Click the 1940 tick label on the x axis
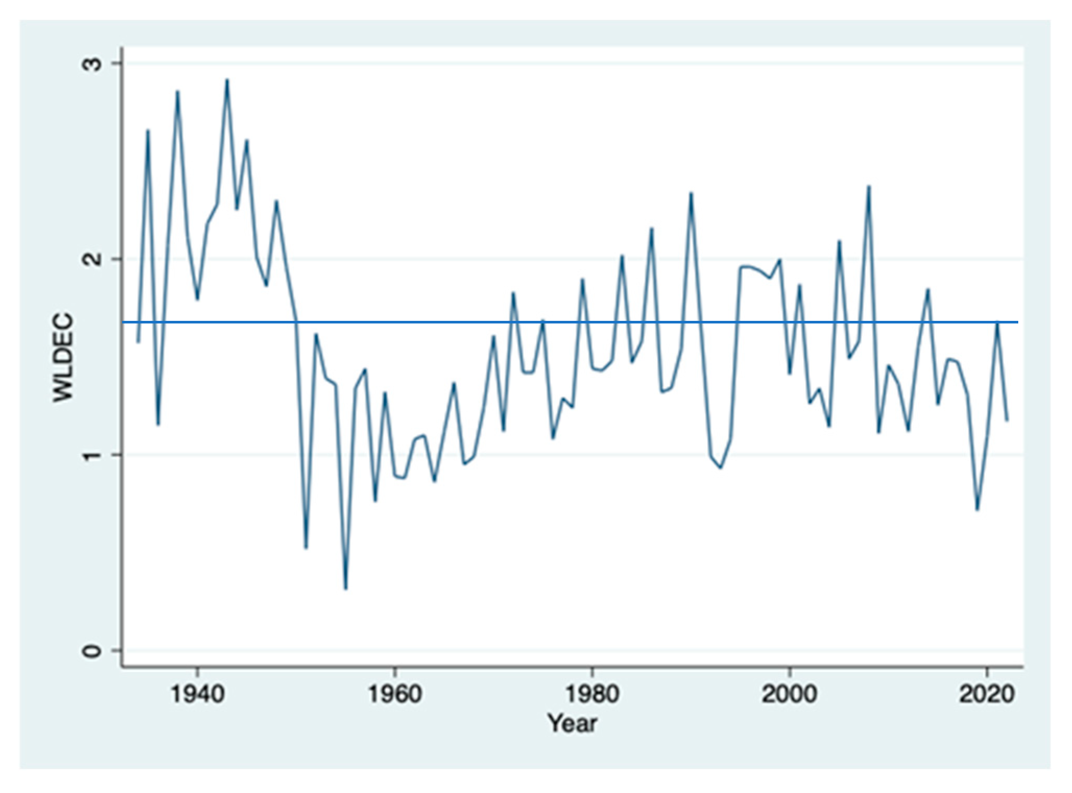point(197,694)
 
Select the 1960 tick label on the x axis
point(395,694)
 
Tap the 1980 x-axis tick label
point(593,694)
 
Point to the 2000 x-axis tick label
point(790,694)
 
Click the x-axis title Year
point(572,724)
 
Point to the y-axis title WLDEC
point(63,357)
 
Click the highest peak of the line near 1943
point(227,80)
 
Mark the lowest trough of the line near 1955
point(345,589)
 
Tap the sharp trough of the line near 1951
point(306,548)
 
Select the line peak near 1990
point(691,193)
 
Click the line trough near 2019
point(978,510)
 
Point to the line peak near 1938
point(177,91)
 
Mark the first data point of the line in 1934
point(138,342)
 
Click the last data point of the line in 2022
point(1007,420)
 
